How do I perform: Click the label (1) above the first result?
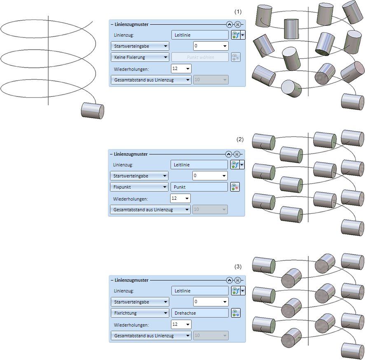pos(238,12)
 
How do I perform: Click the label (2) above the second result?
pos(240,139)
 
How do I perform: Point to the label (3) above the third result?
pos(238,266)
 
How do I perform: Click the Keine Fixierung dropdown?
pos(140,57)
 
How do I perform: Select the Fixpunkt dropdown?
pos(139,187)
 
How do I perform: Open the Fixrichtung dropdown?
pos(140,313)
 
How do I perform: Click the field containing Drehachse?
pos(200,313)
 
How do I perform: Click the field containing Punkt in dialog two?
pos(199,187)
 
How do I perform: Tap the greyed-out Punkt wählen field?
pos(200,57)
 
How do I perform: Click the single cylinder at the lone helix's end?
pos(93,111)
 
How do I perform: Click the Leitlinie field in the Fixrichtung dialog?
pos(200,291)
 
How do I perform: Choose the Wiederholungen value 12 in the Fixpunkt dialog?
pos(180,199)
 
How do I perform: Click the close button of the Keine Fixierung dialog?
pos(238,25)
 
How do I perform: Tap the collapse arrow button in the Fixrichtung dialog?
pos(229,280)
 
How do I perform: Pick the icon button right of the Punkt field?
pos(235,187)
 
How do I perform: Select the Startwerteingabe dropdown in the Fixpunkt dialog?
pos(139,176)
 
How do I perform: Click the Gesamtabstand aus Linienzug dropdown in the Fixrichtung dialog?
pos(151,336)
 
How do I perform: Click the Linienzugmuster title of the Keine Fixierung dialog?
pos(131,25)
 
